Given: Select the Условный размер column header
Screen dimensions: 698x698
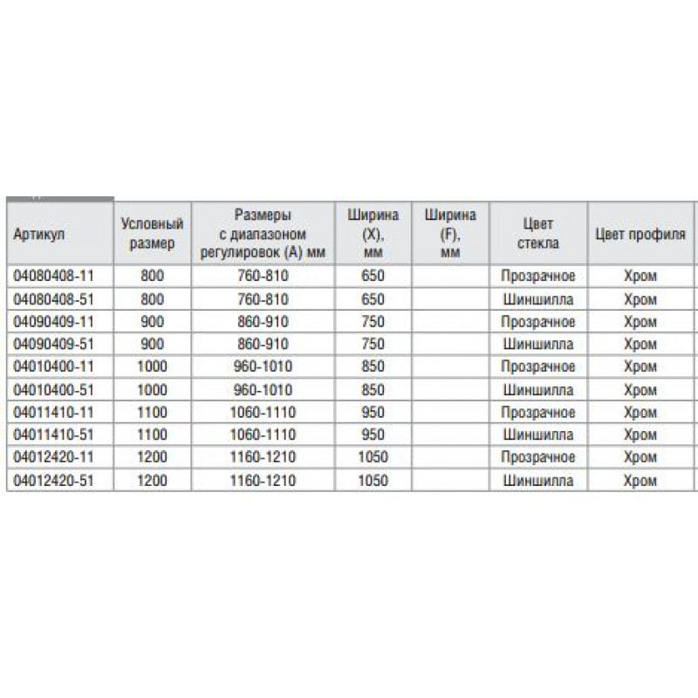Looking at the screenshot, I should [x=151, y=233].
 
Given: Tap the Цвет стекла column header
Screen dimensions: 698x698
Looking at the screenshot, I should [x=538, y=233].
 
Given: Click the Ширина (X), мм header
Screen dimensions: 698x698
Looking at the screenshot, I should [x=373, y=233].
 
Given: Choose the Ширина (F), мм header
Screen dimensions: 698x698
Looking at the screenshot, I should [x=450, y=233].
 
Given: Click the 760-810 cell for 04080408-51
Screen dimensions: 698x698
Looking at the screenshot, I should [x=262, y=299].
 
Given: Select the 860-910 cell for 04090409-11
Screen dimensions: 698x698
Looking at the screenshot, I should [x=262, y=322].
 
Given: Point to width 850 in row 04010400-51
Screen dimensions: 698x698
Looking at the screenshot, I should [x=373, y=389].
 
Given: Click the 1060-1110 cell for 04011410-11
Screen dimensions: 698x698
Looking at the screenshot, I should [x=262, y=412].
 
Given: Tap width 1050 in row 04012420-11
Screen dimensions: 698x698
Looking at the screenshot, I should [x=373, y=457].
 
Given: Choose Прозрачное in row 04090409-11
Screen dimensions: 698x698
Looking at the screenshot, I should [x=538, y=322].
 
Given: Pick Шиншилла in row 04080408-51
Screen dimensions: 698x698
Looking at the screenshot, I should [x=538, y=299].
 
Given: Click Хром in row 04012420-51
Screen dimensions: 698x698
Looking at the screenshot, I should [x=641, y=480].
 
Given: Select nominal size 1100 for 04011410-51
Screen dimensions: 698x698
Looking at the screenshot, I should [x=151, y=435].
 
